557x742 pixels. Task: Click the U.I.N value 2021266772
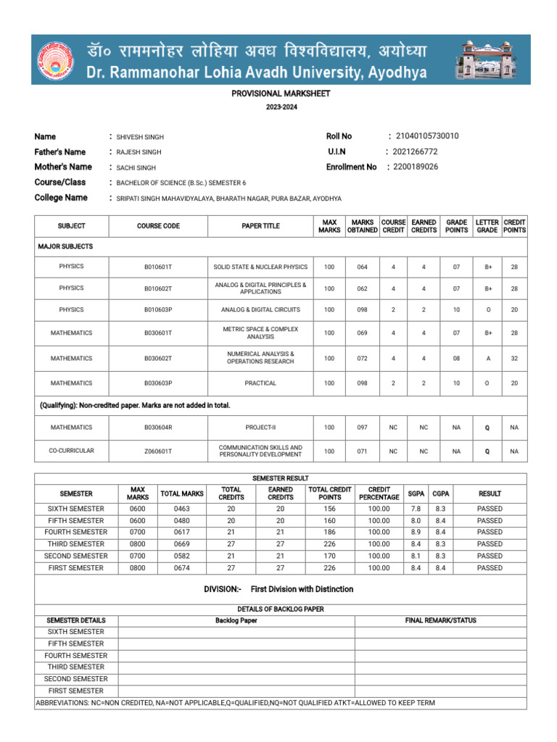(415, 151)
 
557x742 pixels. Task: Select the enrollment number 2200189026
(416, 167)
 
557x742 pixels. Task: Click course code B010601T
(158, 267)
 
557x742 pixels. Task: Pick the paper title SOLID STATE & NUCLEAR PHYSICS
(260, 267)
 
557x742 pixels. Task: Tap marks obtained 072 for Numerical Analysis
(362, 359)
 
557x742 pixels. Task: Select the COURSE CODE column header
(158, 226)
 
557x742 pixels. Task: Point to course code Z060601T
(158, 451)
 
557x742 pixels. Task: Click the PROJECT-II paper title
(260, 428)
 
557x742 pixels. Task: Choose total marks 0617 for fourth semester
(181, 532)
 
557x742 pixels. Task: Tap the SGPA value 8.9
(416, 532)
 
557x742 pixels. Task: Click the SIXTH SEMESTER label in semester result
(76, 509)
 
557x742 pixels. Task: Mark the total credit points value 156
(330, 509)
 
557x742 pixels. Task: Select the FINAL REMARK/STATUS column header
(440, 620)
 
